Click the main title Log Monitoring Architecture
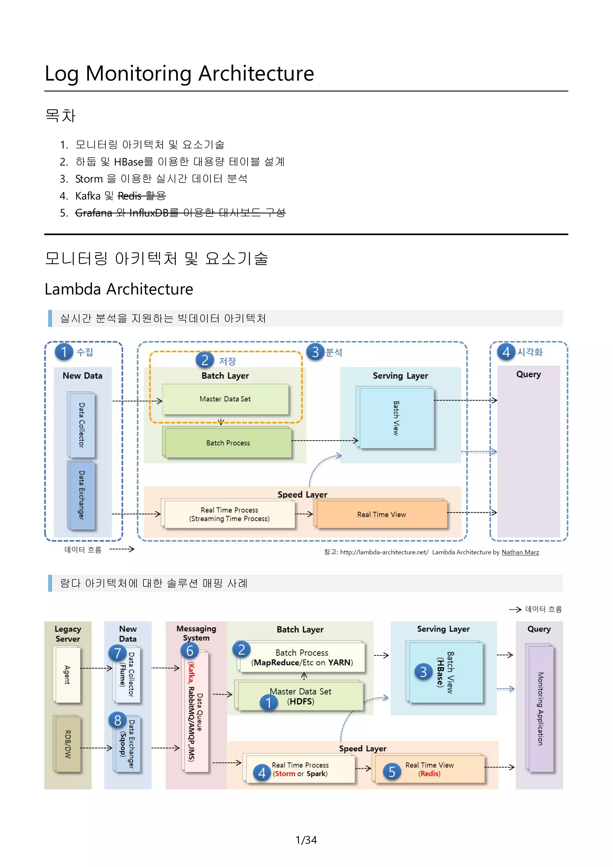point(179,73)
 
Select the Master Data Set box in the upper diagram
point(225,399)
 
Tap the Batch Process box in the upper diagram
point(228,443)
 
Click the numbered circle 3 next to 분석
point(315,352)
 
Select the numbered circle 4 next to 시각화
point(506,352)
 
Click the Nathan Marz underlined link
point(520,552)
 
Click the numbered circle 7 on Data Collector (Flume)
point(117,653)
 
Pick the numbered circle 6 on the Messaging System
point(189,651)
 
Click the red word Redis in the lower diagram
point(430,774)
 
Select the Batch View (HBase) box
point(446,672)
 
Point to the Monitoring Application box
point(541,708)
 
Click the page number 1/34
point(306,840)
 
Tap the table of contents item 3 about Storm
point(161,179)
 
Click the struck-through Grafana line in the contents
point(180,213)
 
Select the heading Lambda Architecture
point(119,289)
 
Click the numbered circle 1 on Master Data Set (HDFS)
point(268,703)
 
